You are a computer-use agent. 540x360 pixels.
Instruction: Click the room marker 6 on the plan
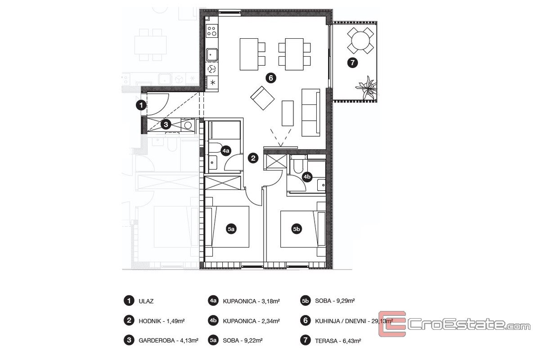271,78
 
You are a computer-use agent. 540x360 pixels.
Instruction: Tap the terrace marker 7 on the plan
352,63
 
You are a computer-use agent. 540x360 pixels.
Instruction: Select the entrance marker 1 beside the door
141,105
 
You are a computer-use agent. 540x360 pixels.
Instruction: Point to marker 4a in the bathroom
226,151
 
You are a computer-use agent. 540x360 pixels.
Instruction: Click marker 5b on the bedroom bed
297,229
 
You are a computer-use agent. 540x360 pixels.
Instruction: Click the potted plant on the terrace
367,88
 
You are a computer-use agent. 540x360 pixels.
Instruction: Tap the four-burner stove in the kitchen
212,31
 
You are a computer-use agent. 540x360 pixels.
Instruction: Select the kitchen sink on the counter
212,55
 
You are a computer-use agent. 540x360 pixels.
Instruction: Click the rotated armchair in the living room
262,98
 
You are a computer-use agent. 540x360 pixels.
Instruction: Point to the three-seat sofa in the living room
311,112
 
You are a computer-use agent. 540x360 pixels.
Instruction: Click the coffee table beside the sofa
288,113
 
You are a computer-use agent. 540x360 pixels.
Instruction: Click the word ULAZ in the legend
146,301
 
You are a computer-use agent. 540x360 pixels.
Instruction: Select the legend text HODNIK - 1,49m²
162,321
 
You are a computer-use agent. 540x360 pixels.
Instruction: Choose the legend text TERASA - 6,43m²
338,341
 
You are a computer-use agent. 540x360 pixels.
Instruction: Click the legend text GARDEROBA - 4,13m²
168,341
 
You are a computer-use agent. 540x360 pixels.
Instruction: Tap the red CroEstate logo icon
392,324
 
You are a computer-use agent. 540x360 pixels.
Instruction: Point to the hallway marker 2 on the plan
253,158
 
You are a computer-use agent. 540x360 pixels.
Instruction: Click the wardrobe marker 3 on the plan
166,125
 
